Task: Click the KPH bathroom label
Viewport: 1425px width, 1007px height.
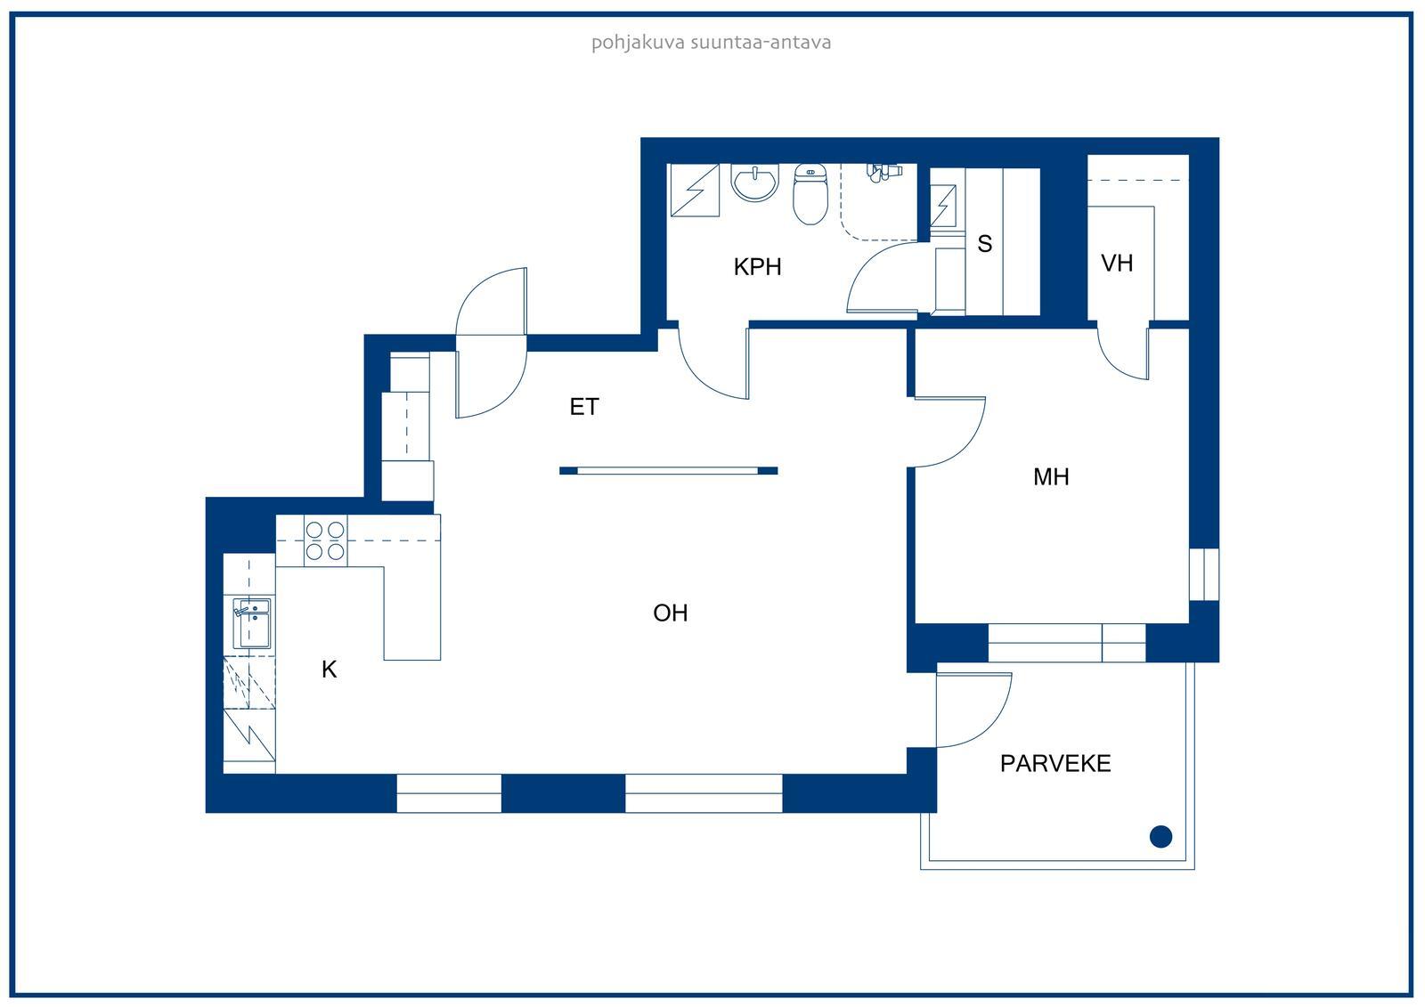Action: (757, 267)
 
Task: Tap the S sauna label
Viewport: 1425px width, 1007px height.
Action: (984, 244)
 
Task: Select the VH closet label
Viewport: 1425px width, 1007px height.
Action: (1117, 264)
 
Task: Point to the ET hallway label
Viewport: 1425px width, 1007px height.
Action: (584, 407)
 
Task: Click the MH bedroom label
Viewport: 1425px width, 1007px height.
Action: (1051, 477)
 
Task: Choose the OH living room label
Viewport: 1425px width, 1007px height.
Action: (671, 613)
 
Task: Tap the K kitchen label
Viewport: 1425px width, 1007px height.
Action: (329, 670)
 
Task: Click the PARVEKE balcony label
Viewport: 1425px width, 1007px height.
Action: (1055, 763)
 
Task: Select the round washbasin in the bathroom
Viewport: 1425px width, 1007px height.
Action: (754, 182)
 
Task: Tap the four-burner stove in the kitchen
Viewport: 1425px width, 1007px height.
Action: (325, 540)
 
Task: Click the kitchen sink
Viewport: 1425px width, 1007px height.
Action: (252, 622)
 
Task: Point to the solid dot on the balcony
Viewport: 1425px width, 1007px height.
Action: (1161, 837)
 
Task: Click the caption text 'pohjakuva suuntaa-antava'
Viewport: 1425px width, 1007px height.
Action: (712, 43)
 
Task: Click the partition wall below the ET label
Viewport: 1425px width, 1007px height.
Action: (669, 471)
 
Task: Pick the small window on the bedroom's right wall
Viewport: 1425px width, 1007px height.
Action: (1204, 574)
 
